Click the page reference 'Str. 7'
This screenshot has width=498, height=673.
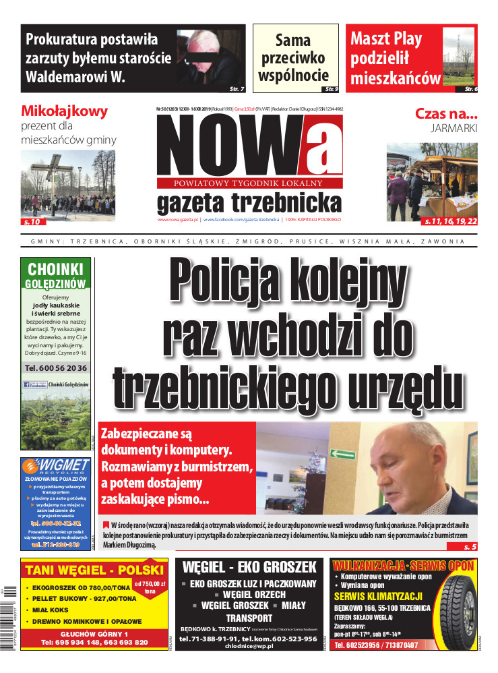pyautogui.click(x=237, y=88)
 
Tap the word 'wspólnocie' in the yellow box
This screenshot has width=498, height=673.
pyautogui.click(x=293, y=75)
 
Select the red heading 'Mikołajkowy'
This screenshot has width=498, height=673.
pyautogui.click(x=65, y=111)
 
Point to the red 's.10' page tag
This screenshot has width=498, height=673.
pyautogui.click(x=32, y=221)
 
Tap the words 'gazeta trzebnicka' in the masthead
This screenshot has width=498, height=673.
pyautogui.click(x=249, y=201)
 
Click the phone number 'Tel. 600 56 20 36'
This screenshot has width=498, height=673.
pyautogui.click(x=56, y=368)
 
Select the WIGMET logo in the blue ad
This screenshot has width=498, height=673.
pyautogui.click(x=56, y=466)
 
